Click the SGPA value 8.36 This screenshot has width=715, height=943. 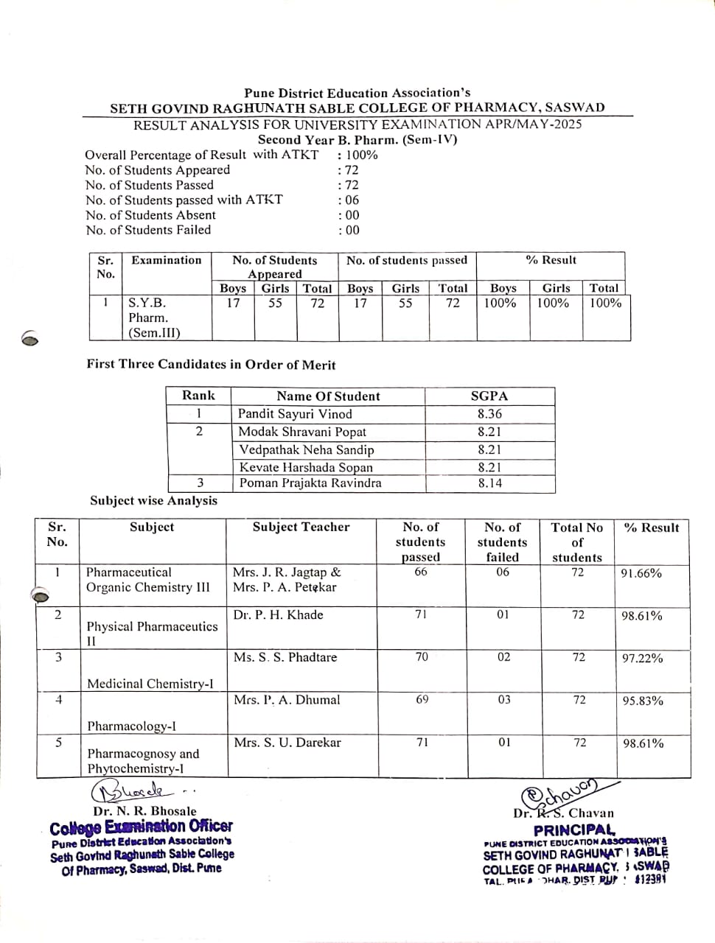pyautogui.click(x=489, y=414)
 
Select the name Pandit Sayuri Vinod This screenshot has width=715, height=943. pyautogui.click(x=295, y=414)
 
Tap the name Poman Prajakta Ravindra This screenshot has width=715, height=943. pyautogui.click(x=310, y=483)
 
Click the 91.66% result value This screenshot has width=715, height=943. pyautogui.click(x=641, y=573)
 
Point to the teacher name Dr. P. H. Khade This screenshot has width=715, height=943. pyautogui.click(x=278, y=615)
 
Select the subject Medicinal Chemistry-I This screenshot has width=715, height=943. pyautogui.click(x=150, y=684)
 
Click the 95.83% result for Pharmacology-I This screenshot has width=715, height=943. pyautogui.click(x=643, y=701)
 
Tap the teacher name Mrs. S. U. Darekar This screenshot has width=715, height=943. pyautogui.click(x=287, y=743)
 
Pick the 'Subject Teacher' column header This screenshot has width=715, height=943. pyautogui.click(x=301, y=527)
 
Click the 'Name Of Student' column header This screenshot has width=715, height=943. pyautogui.click(x=328, y=396)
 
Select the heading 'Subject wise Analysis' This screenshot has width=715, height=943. pyautogui.click(x=153, y=501)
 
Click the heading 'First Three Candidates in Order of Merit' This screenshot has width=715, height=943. pyautogui.click(x=211, y=365)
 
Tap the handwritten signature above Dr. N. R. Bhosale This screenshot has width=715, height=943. pyautogui.click(x=133, y=793)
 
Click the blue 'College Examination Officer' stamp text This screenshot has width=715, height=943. pyautogui.click(x=141, y=827)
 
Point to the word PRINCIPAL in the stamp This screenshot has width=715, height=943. pyautogui.click(x=575, y=830)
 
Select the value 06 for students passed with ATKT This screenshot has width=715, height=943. pyautogui.click(x=349, y=200)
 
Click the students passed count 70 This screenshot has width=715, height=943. pyautogui.click(x=422, y=656)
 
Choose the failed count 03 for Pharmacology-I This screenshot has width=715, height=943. pyautogui.click(x=503, y=699)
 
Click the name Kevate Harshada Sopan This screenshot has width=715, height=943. pyautogui.click(x=306, y=467)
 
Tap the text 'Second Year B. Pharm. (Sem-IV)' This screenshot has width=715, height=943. pyautogui.click(x=357, y=140)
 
